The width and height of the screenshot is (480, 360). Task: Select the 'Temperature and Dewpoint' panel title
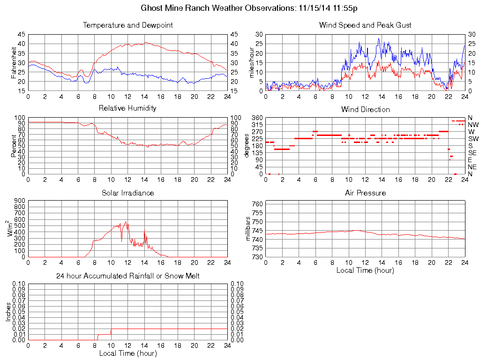click(x=127, y=25)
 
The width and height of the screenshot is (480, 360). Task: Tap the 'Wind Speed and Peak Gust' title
click(x=365, y=25)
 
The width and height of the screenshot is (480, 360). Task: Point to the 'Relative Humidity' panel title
click(x=127, y=108)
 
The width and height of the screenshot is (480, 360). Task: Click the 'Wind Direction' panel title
click(x=365, y=110)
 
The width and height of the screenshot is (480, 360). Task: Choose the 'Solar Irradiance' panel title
click(x=127, y=193)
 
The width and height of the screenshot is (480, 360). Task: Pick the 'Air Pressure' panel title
click(x=365, y=193)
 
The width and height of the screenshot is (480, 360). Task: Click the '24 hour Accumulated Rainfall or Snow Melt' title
click(x=127, y=276)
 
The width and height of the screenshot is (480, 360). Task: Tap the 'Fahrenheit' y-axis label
click(x=14, y=63)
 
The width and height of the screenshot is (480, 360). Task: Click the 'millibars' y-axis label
click(x=249, y=229)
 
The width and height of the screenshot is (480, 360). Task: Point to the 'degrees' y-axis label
click(x=247, y=145)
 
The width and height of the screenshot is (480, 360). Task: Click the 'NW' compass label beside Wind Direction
click(x=473, y=125)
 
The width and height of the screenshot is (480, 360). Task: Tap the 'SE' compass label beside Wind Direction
click(x=472, y=153)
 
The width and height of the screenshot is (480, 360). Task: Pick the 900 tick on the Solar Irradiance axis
click(x=19, y=201)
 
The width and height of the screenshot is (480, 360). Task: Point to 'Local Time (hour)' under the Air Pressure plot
click(x=365, y=270)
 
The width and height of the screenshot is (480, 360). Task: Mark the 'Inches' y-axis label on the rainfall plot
click(x=8, y=312)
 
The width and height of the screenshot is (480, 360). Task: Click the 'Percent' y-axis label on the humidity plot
click(x=14, y=145)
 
